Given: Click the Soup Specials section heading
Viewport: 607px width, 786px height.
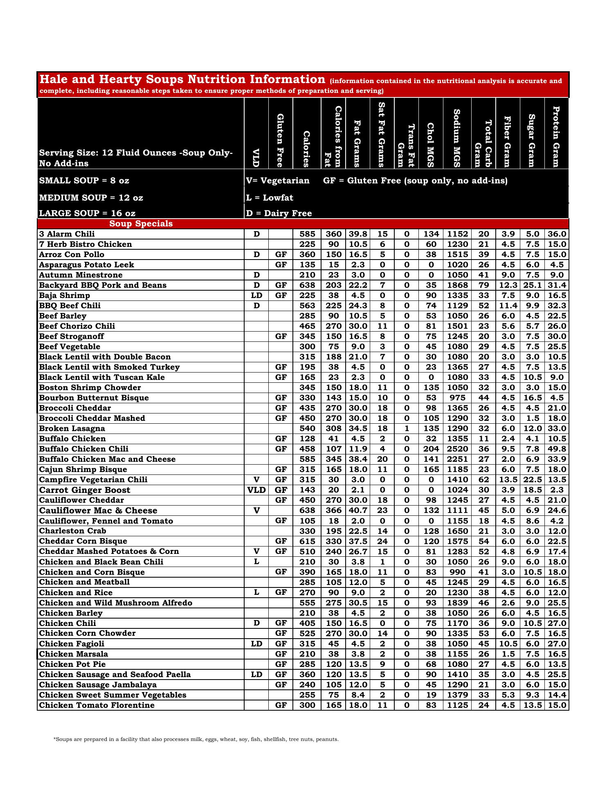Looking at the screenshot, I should point(141,224).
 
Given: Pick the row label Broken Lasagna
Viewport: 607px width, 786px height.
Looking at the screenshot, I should point(72,429).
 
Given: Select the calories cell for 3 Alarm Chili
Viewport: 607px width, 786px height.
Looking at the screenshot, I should point(307,234).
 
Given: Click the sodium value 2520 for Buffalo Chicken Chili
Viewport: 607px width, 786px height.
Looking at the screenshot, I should point(457,449).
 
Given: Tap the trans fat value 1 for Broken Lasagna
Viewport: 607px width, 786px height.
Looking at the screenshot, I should point(407,429).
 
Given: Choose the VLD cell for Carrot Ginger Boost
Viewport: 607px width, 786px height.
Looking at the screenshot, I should point(256,490).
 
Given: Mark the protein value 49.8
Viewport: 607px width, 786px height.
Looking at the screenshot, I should point(557,449).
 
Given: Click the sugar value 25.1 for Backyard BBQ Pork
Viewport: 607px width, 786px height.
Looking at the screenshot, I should point(532,285).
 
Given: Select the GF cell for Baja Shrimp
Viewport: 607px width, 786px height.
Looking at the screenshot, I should point(281,296).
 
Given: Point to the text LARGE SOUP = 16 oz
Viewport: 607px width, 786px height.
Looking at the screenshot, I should point(87,213).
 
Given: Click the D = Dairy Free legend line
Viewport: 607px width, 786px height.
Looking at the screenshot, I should point(279,213).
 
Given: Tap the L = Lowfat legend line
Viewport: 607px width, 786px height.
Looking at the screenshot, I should point(270,198).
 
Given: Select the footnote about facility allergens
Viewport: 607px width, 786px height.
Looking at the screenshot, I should point(196,739).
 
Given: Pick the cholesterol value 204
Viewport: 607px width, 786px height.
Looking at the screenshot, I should point(431,449).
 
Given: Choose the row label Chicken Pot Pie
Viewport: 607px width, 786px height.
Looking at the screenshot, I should point(72,664).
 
